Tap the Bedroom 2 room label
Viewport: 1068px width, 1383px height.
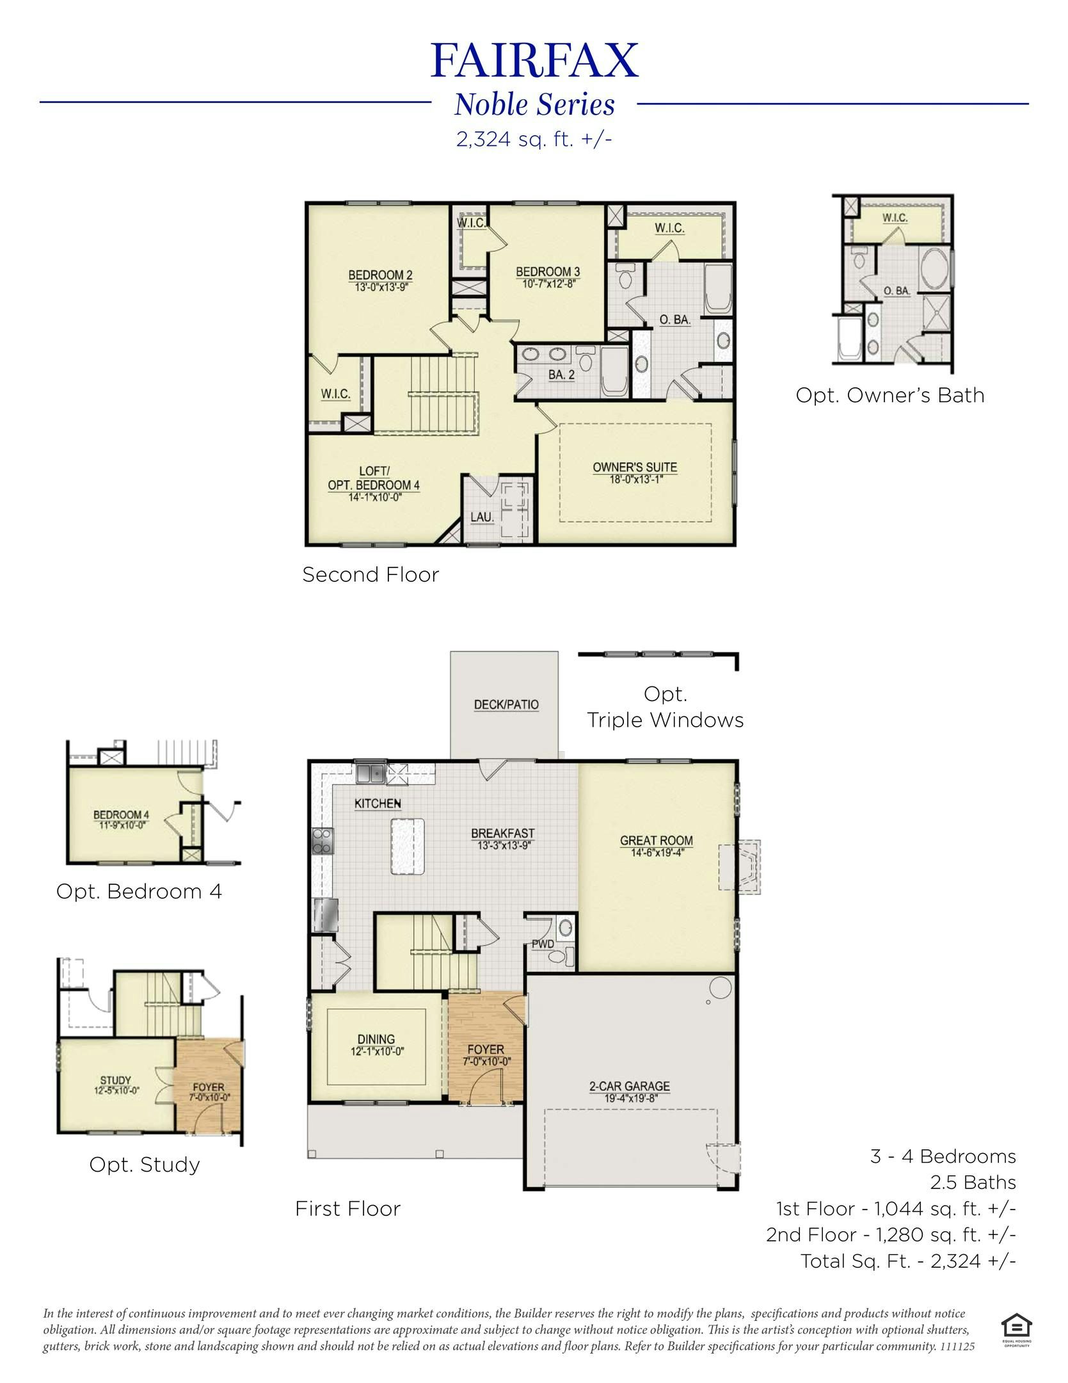coord(380,275)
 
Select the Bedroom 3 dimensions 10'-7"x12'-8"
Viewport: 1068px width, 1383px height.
coord(548,284)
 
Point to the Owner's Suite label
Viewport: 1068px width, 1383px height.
coord(634,467)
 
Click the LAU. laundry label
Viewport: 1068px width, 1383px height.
coord(482,517)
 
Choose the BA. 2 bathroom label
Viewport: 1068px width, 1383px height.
coord(561,375)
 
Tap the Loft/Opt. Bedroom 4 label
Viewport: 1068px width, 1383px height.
coord(374,478)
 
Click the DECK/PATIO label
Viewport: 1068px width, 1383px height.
coord(506,704)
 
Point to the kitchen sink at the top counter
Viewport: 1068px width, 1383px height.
coord(370,773)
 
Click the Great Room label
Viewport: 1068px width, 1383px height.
coord(657,840)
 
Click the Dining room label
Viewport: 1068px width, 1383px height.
coord(376,1039)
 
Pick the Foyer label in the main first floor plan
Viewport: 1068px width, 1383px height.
coord(486,1049)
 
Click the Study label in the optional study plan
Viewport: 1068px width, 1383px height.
coord(115,1081)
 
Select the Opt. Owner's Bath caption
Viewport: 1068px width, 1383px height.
coord(889,395)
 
